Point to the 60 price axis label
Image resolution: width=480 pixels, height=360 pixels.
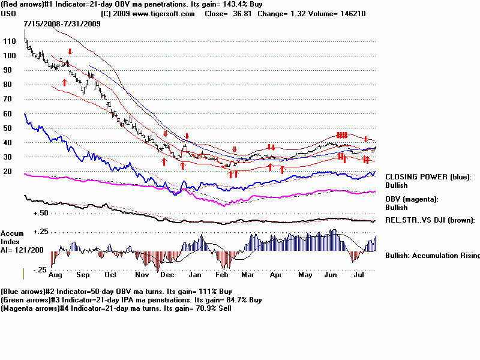point(8,113)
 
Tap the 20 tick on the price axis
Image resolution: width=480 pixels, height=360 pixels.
point(8,171)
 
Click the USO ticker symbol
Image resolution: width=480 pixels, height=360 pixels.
point(9,13)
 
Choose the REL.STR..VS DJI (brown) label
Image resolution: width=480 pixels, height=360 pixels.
point(430,220)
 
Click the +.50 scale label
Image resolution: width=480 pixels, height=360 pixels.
point(41,213)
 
